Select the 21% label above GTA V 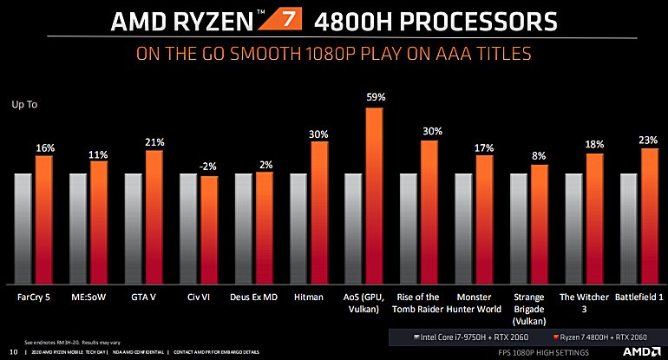[x=154, y=141]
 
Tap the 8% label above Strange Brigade [x=540, y=156]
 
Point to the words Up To [x=25, y=104]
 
